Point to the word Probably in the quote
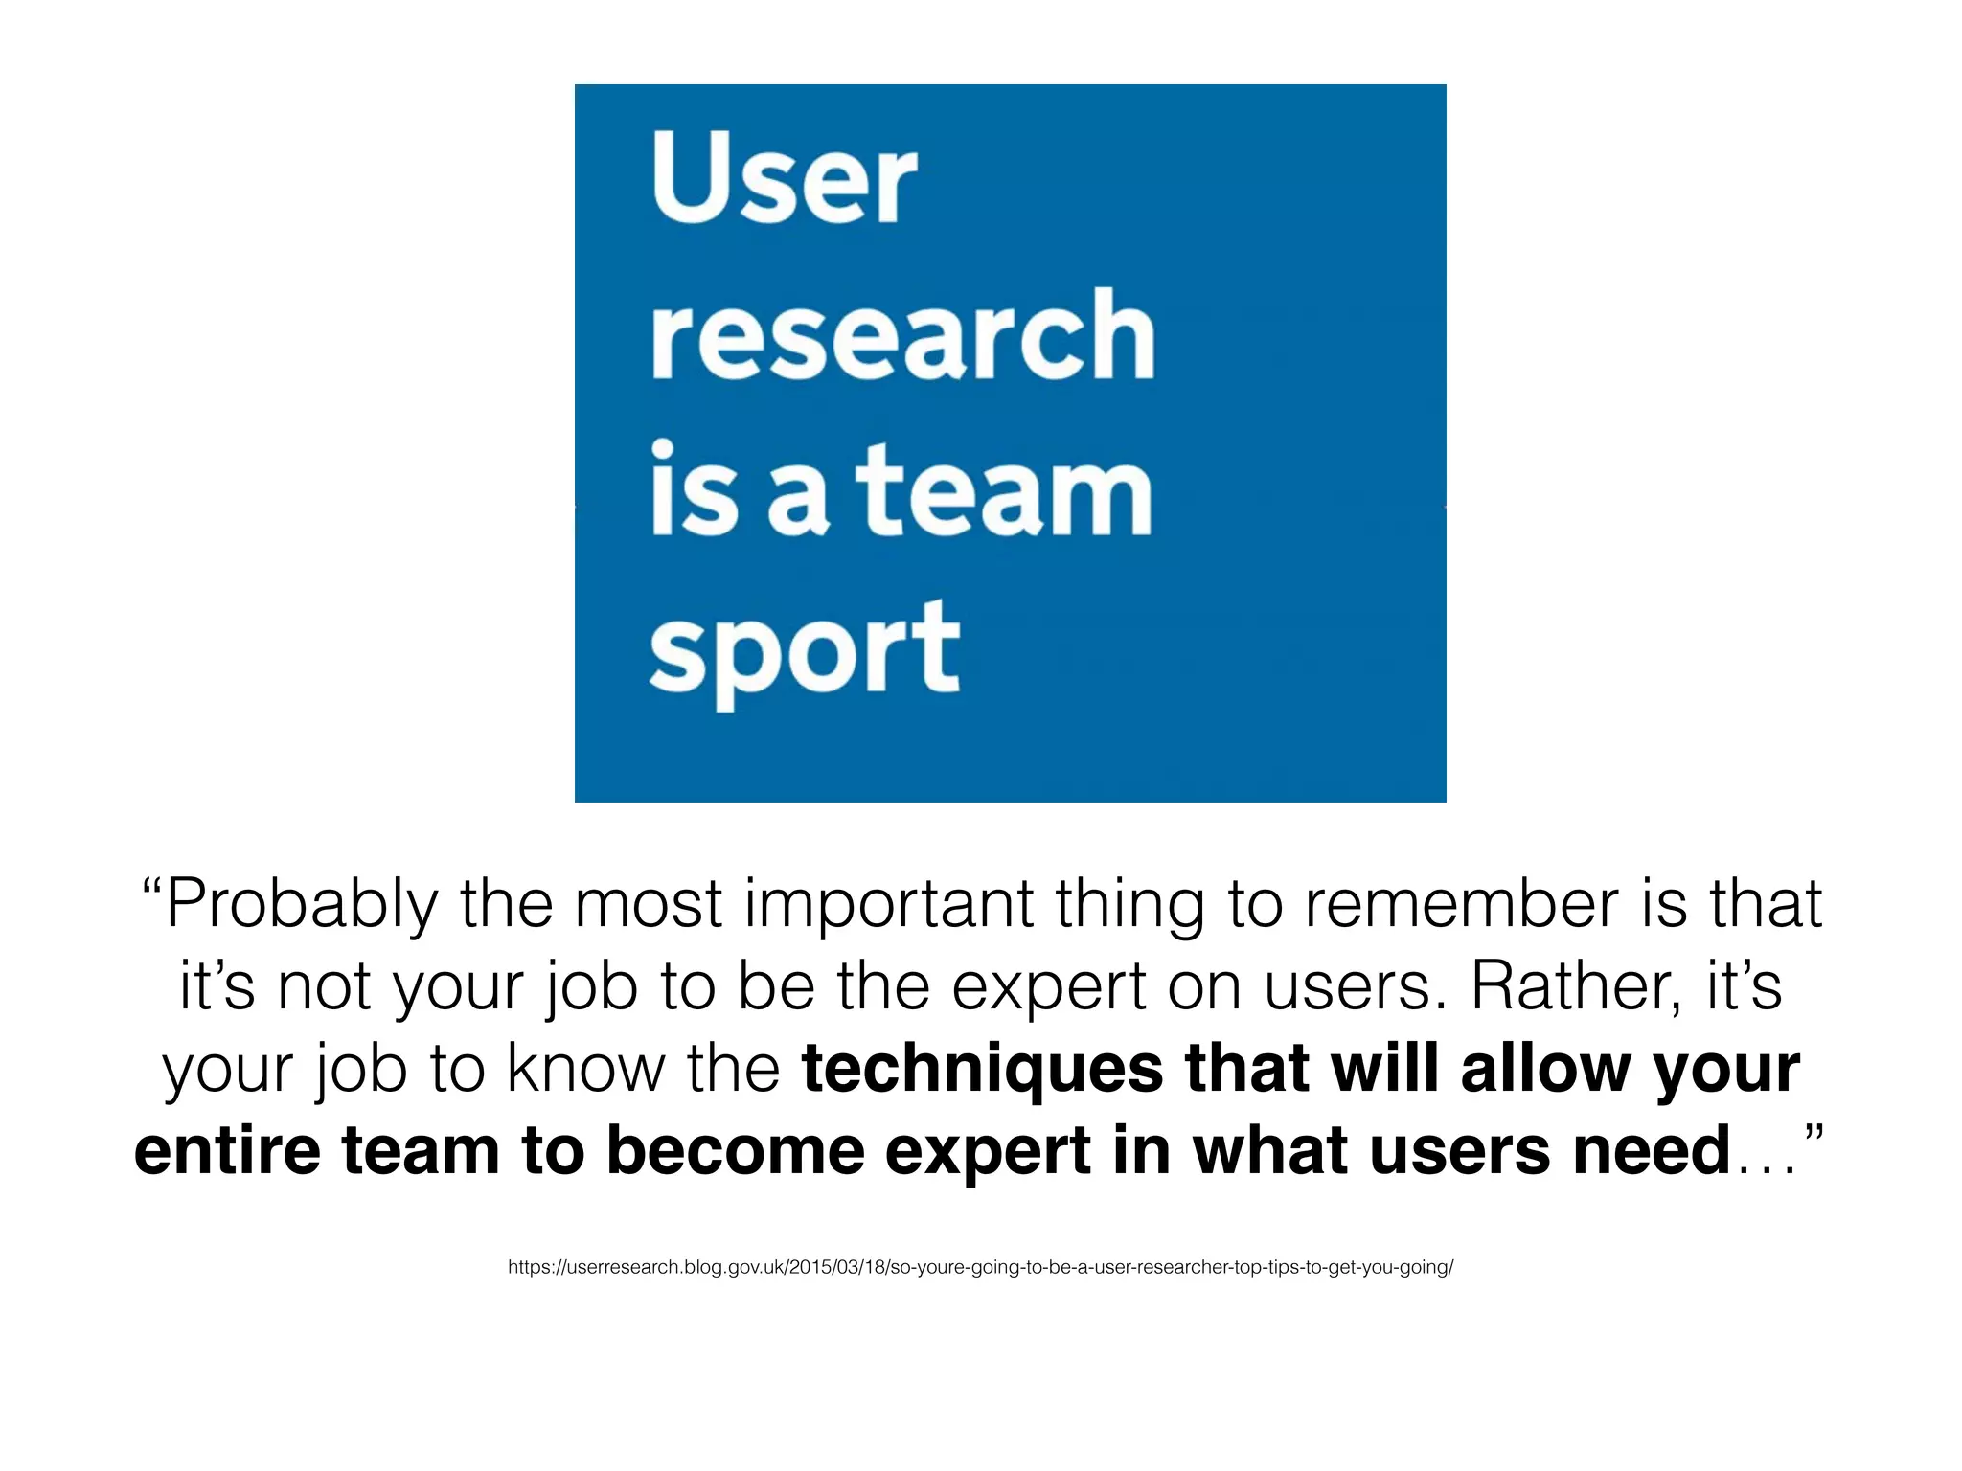point(301,906)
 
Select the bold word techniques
point(982,1071)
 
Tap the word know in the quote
point(585,1069)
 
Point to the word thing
point(1129,906)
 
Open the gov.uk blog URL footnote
point(980,1268)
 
